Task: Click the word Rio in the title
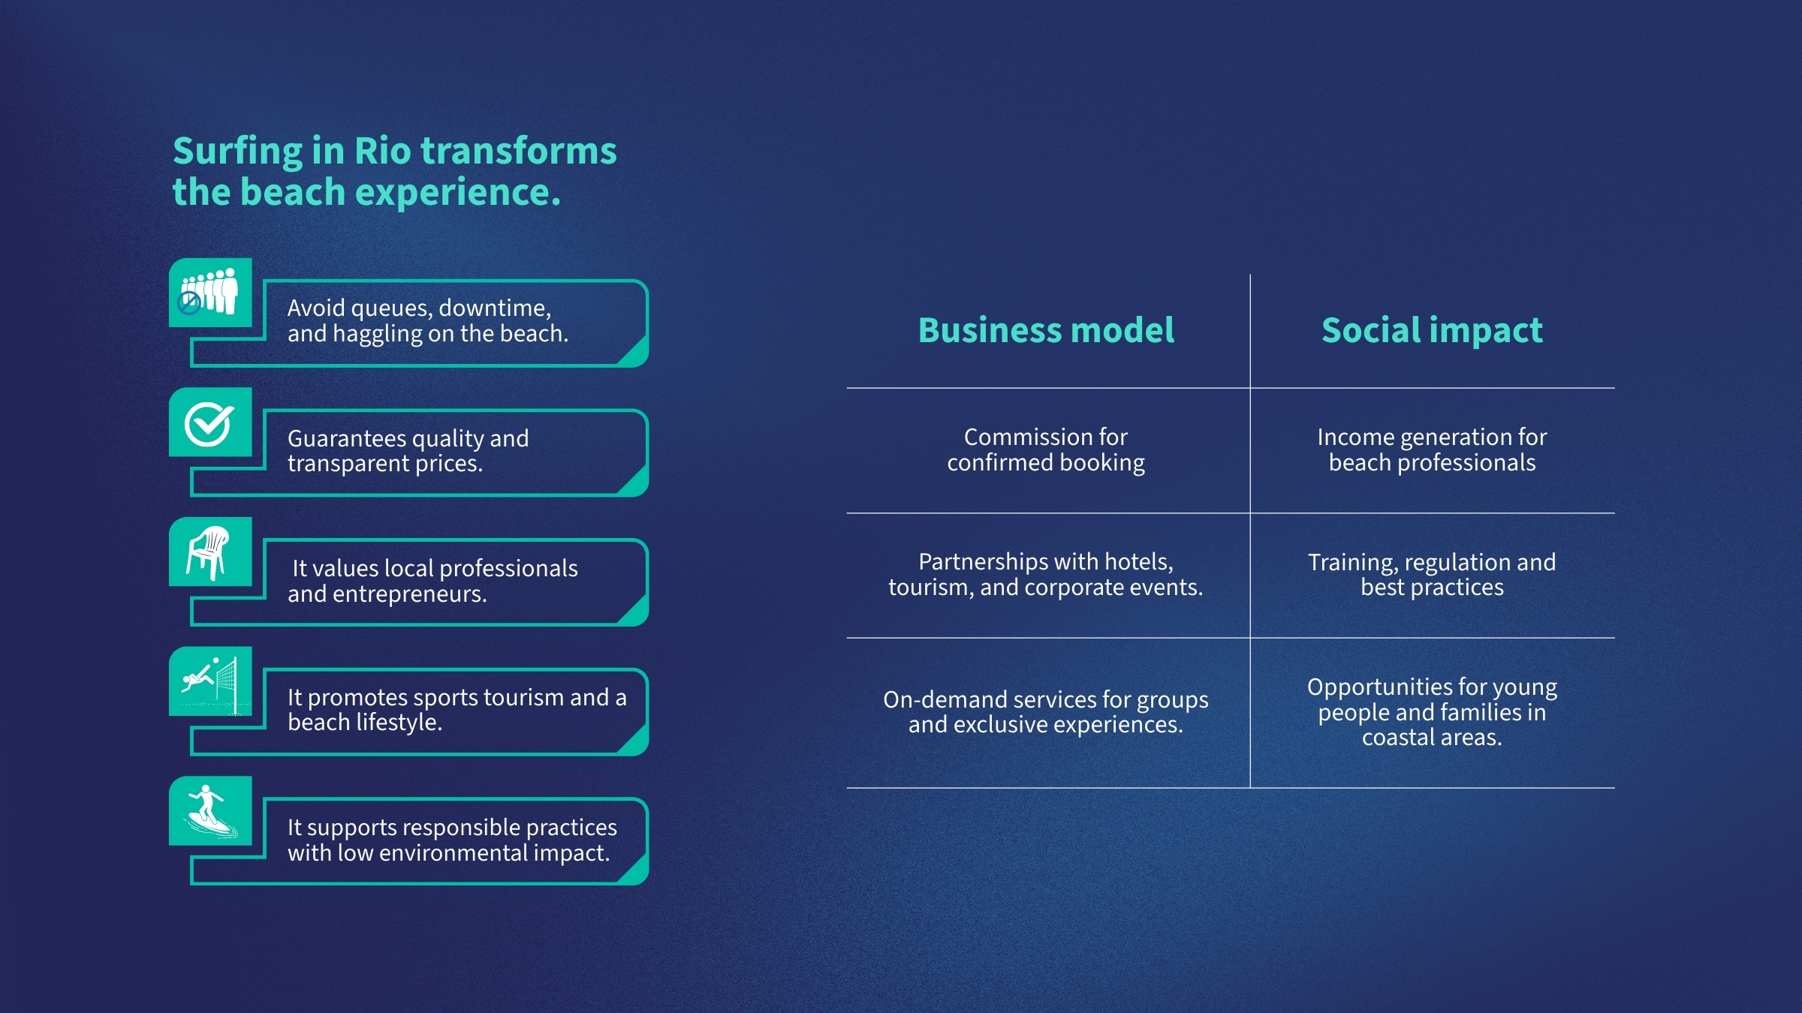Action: (x=381, y=151)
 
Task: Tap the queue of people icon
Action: (x=209, y=292)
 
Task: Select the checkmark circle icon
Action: (x=209, y=423)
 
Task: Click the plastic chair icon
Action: (x=209, y=552)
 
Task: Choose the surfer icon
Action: (x=209, y=811)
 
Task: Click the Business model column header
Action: (x=1046, y=330)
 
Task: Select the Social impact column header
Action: (x=1432, y=330)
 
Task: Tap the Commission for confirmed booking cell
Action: (x=1046, y=449)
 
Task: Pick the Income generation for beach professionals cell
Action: (x=1432, y=449)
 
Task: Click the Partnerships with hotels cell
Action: (x=1046, y=574)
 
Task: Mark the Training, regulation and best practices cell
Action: (x=1432, y=574)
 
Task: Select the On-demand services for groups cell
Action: (x=1046, y=711)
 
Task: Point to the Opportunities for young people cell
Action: (x=1432, y=711)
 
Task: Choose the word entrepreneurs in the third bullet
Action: (x=409, y=594)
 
